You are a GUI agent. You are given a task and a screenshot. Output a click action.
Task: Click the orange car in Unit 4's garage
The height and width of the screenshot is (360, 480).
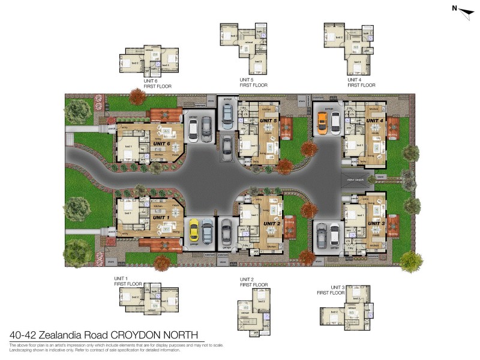tap(322, 122)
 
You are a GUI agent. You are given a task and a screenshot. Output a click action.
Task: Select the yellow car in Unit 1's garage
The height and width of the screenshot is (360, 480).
tap(194, 230)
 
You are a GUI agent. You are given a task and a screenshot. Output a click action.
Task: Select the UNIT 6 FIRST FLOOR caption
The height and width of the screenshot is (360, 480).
tap(158, 83)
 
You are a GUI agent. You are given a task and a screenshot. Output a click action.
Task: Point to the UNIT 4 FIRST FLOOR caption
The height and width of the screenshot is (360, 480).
tap(361, 83)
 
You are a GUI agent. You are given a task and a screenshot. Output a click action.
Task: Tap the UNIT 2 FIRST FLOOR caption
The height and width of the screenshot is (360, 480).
tap(253, 282)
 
